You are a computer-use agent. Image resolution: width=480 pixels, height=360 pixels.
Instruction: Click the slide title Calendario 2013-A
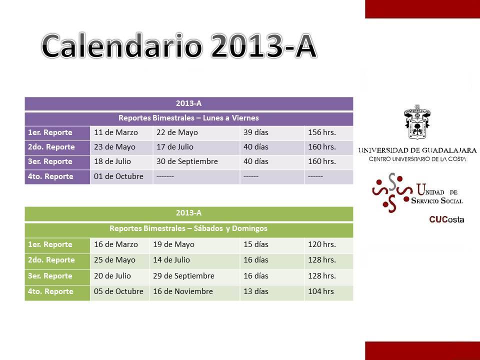point(179,46)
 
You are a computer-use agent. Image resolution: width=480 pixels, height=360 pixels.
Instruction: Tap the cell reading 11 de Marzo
point(115,132)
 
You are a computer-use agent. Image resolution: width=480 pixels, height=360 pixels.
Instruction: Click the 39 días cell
point(256,132)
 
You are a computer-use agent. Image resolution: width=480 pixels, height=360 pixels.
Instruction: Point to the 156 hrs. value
point(321,132)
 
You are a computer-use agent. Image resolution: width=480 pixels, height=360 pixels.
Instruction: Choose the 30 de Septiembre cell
point(187,161)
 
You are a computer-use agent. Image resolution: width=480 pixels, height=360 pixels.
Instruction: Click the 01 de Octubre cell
point(118,176)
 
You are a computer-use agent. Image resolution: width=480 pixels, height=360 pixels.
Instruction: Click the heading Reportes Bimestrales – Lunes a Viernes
point(188,118)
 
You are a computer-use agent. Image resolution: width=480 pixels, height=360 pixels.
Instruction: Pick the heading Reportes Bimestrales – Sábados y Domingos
point(188,228)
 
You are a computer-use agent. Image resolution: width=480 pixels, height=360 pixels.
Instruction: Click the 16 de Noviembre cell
point(183,291)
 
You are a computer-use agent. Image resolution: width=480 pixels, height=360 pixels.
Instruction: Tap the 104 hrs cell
point(321,291)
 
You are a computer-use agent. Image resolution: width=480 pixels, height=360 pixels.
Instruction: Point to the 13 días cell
point(256,291)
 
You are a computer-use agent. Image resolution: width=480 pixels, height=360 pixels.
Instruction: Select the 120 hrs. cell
point(321,244)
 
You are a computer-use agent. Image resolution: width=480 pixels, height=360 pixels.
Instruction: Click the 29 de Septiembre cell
point(183,276)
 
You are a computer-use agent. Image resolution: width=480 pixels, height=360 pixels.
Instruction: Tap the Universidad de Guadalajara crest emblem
point(417,122)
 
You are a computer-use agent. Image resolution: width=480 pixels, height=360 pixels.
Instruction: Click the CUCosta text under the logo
point(446,219)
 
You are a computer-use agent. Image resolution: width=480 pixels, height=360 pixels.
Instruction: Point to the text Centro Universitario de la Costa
point(417,159)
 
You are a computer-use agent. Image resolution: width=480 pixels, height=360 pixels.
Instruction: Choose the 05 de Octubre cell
point(118,291)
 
